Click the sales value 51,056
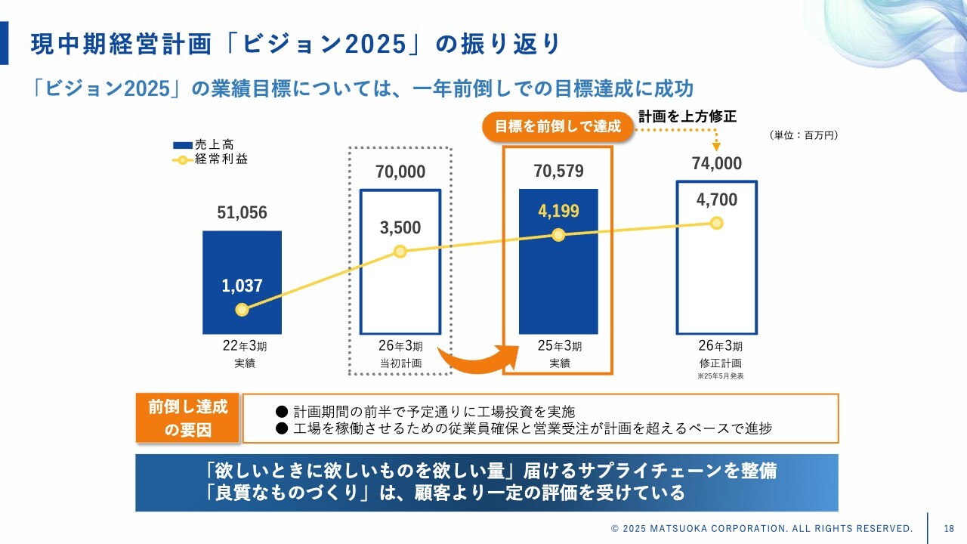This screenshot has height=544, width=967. click(x=242, y=213)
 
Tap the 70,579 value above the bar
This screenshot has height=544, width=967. click(x=558, y=172)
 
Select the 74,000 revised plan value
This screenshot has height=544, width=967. click(x=716, y=164)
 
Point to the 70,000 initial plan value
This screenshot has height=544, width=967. click(x=400, y=172)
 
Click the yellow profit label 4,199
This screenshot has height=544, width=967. click(x=558, y=211)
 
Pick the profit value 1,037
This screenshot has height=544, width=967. click(x=242, y=286)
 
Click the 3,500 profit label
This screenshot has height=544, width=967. click(x=400, y=227)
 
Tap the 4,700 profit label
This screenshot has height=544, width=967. click(x=716, y=200)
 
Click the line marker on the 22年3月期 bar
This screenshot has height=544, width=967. click(x=242, y=310)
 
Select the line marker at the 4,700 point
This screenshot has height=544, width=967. click(x=716, y=223)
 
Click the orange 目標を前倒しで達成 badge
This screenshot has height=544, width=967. click(x=558, y=127)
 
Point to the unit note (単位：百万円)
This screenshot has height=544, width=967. click(x=804, y=135)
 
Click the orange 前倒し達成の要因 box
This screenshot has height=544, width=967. click(x=187, y=418)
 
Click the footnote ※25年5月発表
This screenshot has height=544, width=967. click(x=720, y=376)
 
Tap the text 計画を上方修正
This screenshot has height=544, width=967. click(x=687, y=116)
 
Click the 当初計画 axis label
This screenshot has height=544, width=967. click(x=400, y=363)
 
